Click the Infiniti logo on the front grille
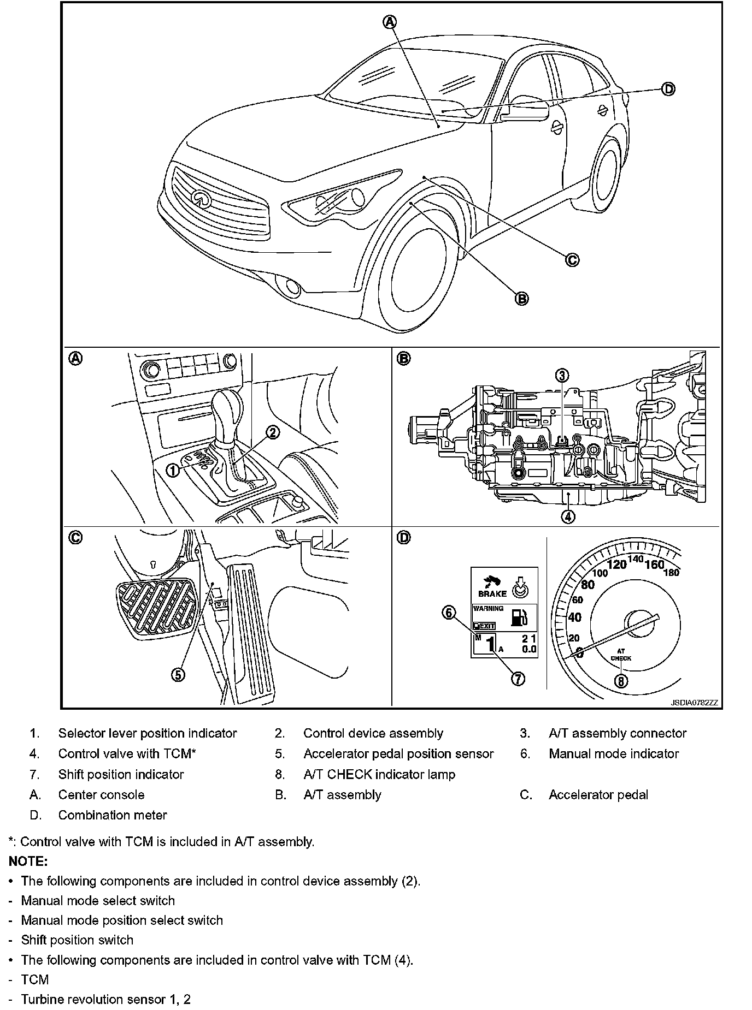pos(201,198)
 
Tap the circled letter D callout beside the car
pos(668,89)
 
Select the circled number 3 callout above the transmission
pos(562,375)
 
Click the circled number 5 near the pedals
pos(178,675)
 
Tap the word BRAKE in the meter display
pos(492,593)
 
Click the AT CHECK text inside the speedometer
pos(621,655)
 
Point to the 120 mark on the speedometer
pos(617,565)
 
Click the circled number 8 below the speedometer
pos(621,681)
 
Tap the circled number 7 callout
pos(518,678)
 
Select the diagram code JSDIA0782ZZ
pos(694,703)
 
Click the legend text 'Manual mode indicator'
pos(614,754)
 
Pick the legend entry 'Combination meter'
pos(113,815)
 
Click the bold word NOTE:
pos(28,862)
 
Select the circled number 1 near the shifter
pos(172,470)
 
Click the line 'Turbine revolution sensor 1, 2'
pos(105,999)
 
